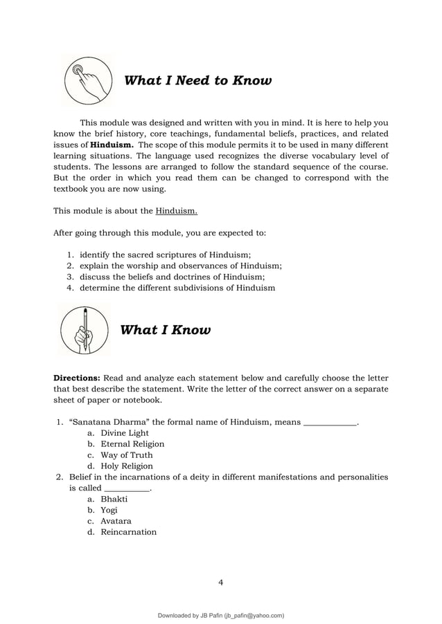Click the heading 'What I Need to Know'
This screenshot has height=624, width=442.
point(197,81)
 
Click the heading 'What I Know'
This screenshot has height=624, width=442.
point(166,330)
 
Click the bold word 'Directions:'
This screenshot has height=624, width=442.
point(78,378)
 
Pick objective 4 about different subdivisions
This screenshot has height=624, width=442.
point(177,288)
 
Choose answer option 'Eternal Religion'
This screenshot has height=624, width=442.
point(132,444)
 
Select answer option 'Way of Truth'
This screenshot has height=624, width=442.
point(127,455)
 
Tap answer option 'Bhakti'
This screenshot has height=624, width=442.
point(114,499)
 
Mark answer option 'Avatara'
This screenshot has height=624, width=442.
point(116,521)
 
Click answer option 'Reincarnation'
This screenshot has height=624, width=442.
point(128,532)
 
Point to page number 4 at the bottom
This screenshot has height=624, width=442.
point(220,582)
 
